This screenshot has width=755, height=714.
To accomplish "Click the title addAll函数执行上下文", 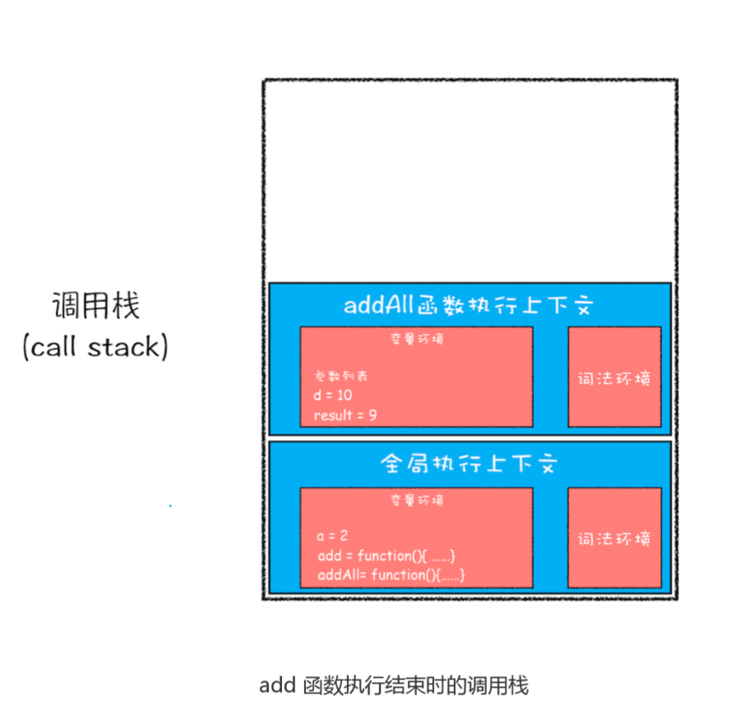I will (x=469, y=306).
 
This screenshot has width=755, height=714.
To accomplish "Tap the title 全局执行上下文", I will (x=469, y=464).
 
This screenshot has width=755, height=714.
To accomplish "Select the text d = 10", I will (x=333, y=396).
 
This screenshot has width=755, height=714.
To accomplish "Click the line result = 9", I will (x=345, y=415).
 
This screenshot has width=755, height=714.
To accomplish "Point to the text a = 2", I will (x=332, y=536).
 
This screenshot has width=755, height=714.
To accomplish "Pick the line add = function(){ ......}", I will (x=386, y=556).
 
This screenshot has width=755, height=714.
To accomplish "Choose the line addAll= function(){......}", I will (x=391, y=575).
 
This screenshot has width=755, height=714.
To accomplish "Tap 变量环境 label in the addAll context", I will (x=417, y=338).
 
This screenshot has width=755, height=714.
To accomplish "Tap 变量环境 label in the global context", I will (x=417, y=499).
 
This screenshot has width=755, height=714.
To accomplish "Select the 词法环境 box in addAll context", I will (x=614, y=378).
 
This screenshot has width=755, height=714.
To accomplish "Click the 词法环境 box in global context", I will (x=614, y=539).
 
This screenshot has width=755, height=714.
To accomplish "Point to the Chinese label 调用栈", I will (x=95, y=306).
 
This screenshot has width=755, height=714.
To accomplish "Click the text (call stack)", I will (x=95, y=346).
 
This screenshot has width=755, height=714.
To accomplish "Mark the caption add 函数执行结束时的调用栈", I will (x=393, y=684).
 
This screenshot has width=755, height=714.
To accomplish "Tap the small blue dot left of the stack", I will (x=170, y=506).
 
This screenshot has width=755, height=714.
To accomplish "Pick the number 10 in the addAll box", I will (x=344, y=396).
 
